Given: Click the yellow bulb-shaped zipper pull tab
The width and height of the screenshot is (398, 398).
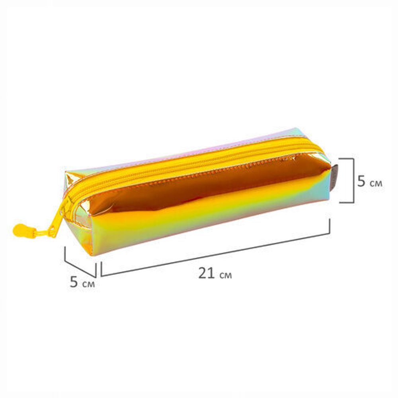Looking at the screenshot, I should (21, 230).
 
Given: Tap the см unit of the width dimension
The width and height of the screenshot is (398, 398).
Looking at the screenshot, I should (88, 284).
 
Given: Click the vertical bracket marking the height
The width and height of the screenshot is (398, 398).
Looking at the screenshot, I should (353, 180).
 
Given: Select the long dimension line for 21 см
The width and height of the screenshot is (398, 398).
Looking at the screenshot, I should (215, 255).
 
